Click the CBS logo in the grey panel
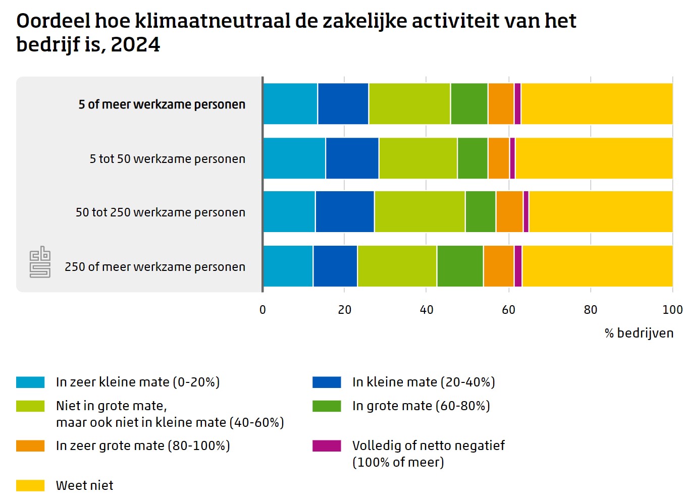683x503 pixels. coord(40,262)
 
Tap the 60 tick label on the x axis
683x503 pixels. coord(508,310)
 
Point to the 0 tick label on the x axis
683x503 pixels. coord(262,310)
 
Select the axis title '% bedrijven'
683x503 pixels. coord(639,333)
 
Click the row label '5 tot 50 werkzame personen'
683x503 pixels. coord(167,159)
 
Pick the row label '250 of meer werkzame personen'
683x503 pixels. coord(154,266)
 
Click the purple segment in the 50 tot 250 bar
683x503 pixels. coord(526,211)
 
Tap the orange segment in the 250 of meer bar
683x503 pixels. coord(498,266)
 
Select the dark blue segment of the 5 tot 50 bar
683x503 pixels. coord(352,158)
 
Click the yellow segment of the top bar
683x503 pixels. coord(596,103)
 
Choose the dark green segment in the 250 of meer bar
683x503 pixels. coord(460,266)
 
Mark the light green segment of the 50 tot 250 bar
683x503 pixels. coord(419,211)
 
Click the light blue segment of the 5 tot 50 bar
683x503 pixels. coord(294,158)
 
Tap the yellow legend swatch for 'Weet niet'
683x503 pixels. coord(30,485)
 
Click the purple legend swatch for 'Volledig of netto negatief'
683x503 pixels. coord(327,445)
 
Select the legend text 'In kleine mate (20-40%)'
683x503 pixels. coord(424,382)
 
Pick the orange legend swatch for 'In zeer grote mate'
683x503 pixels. coord(30,445)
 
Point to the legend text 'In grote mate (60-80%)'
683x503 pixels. coord(421,406)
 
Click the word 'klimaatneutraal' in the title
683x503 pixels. coord(213,21)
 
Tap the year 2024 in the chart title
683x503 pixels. coord(135,45)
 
